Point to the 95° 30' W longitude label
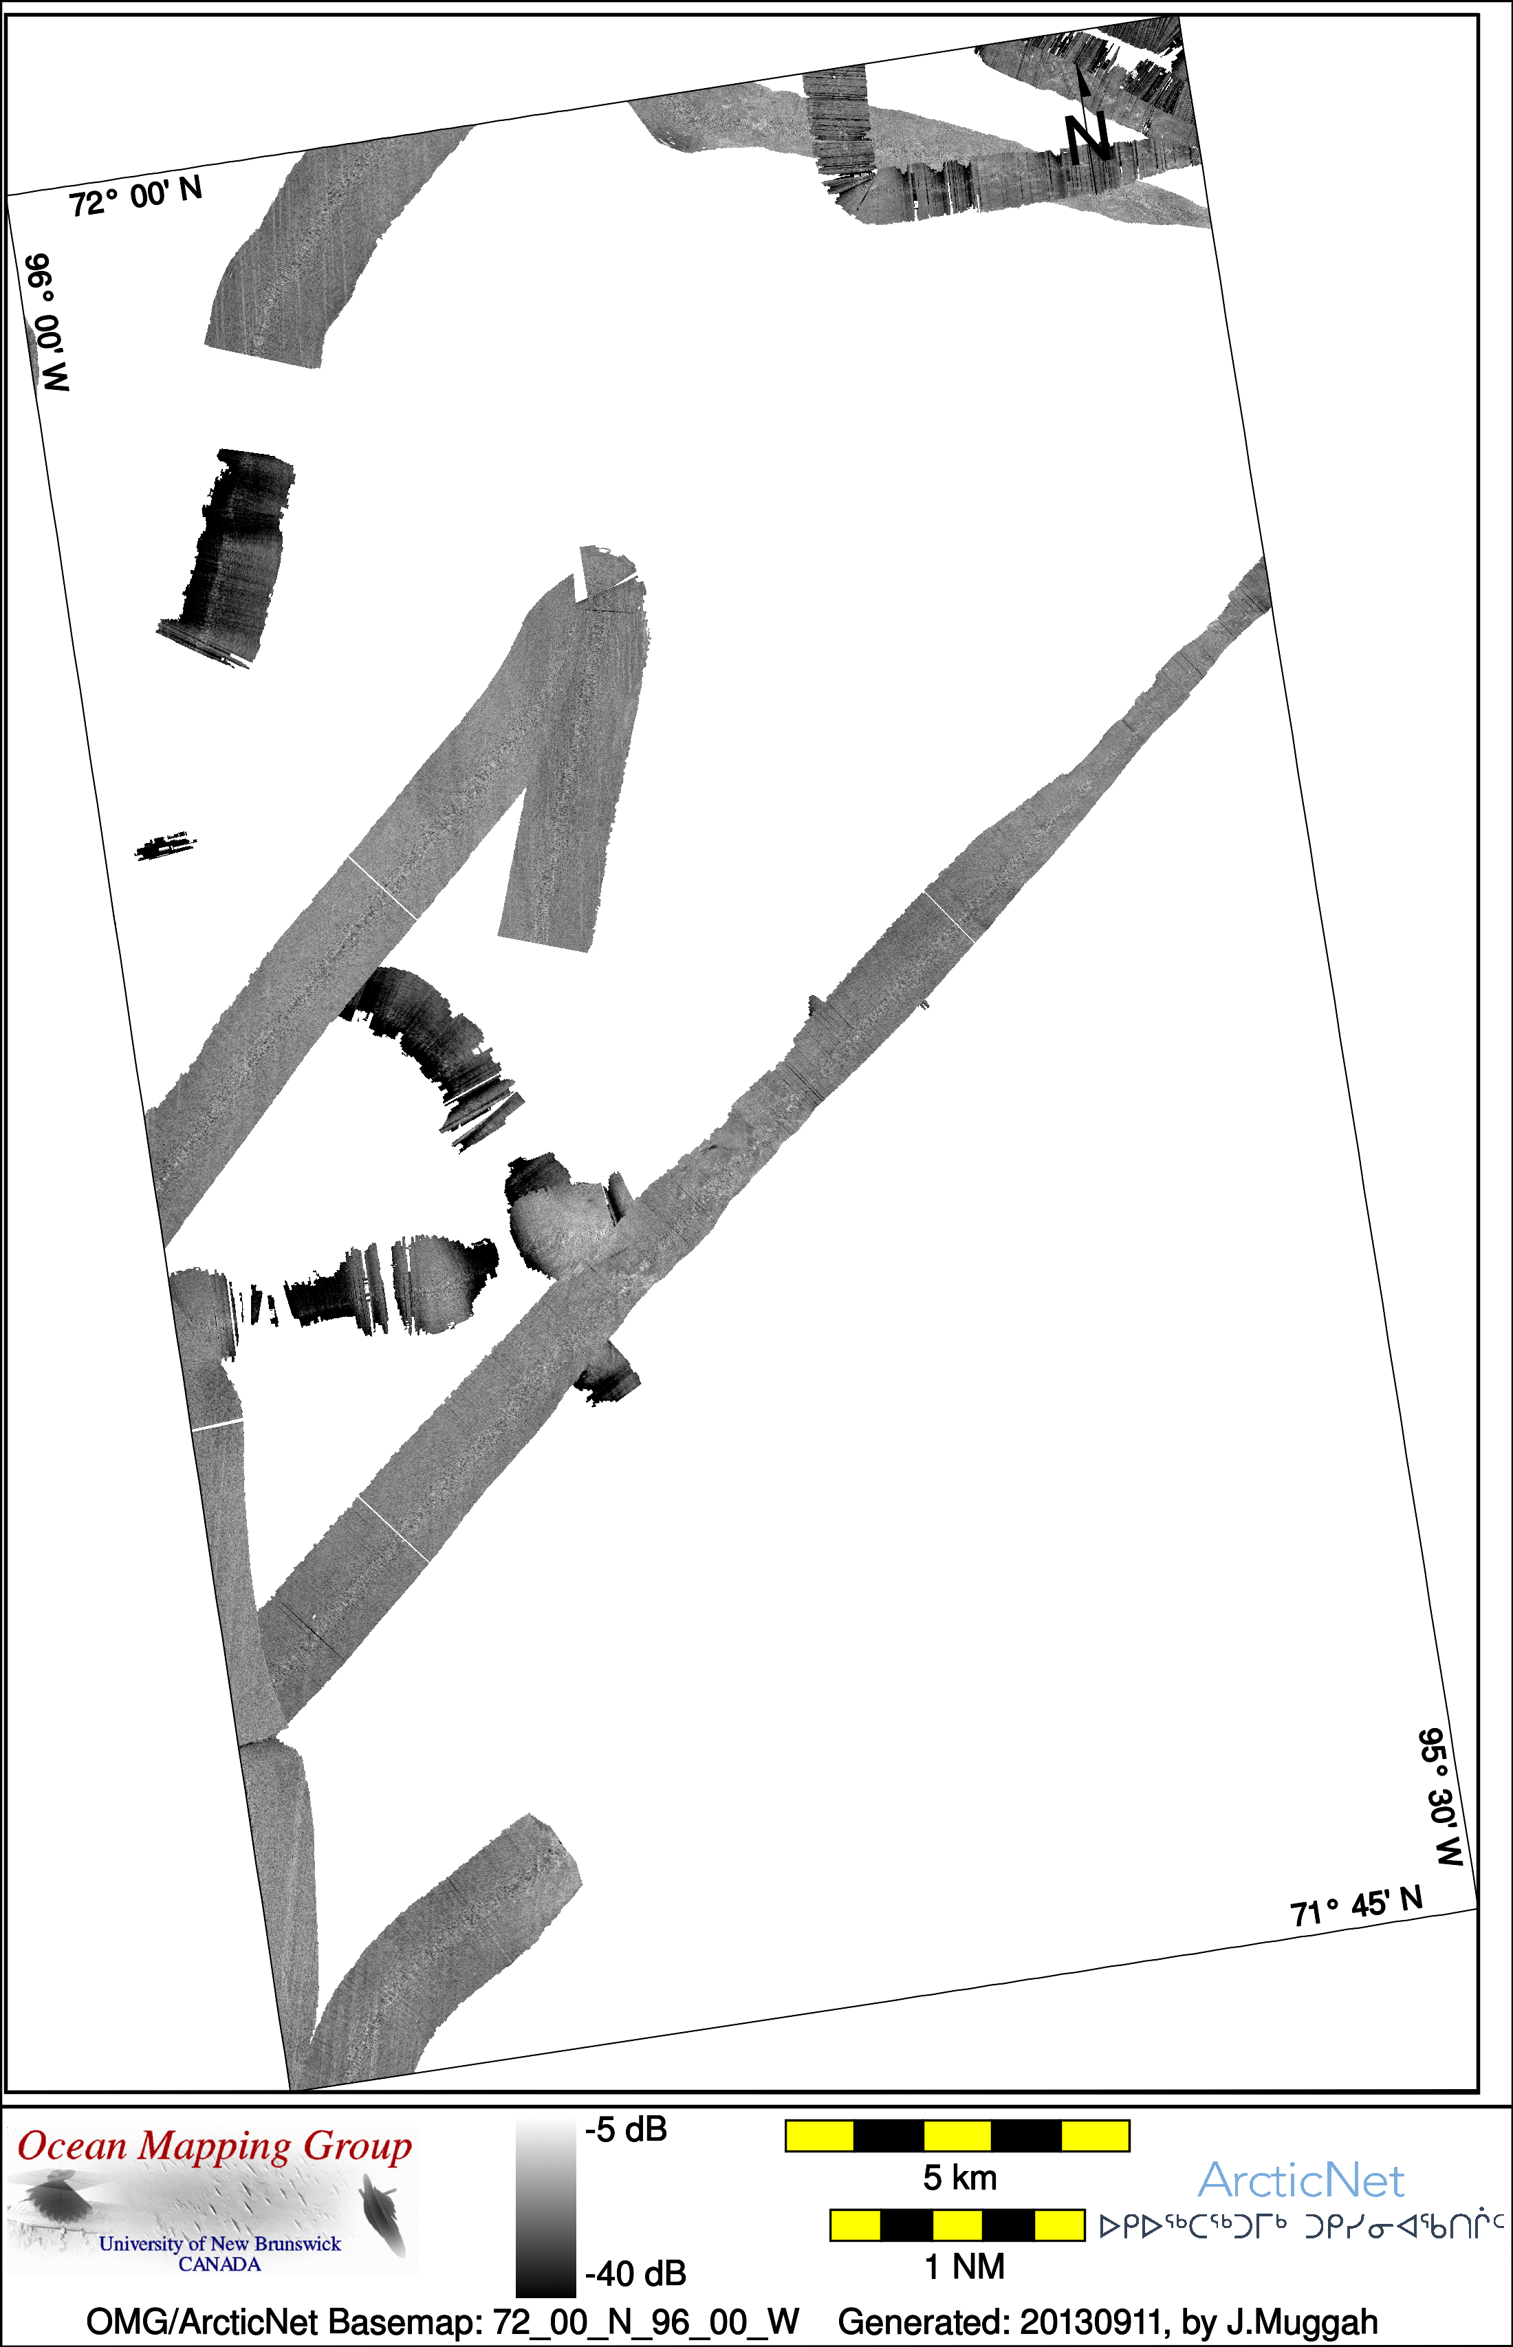point(1440,1797)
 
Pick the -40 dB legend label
point(635,2273)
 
